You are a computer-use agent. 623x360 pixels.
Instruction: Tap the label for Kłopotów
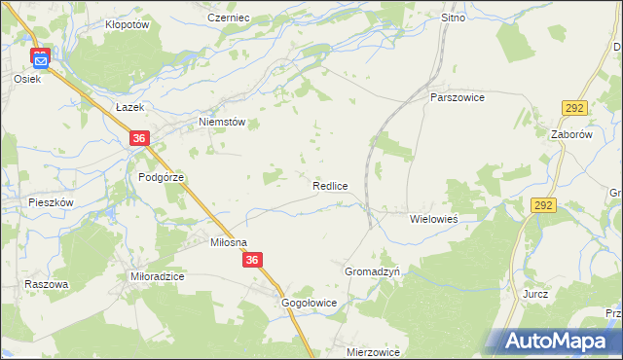(126, 25)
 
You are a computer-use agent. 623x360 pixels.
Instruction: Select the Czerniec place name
(229, 18)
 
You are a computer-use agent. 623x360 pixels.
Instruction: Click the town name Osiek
(26, 79)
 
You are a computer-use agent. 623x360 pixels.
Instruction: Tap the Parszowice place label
(458, 97)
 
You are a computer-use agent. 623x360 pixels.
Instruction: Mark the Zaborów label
(571, 135)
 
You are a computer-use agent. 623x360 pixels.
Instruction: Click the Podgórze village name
(161, 177)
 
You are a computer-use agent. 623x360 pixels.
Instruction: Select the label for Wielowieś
(433, 219)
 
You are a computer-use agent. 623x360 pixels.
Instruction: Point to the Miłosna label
(230, 242)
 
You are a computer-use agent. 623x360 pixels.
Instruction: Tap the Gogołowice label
(309, 303)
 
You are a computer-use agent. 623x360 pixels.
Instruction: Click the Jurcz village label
(535, 293)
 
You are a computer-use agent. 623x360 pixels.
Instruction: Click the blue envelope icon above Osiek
(40, 61)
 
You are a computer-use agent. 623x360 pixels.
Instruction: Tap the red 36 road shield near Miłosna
(253, 260)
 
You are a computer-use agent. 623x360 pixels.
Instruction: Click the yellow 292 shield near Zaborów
(572, 109)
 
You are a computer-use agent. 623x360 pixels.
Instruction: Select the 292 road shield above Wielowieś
(543, 205)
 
